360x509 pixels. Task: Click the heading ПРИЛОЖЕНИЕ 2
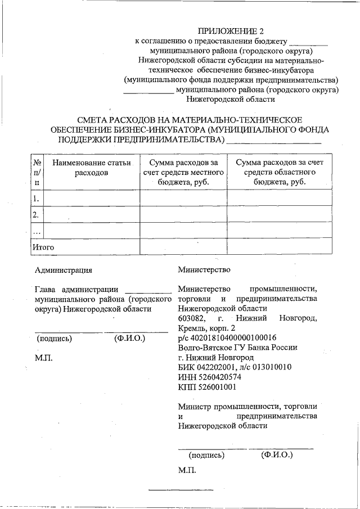coord(231,30)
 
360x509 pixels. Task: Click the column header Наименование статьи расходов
coord(91,168)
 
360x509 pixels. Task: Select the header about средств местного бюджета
coord(183,172)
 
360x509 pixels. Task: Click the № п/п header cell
coord(37,172)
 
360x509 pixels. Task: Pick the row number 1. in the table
coord(37,198)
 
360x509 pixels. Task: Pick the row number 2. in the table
coord(37,214)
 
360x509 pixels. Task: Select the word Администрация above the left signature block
coord(63,270)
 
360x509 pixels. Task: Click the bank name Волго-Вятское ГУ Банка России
coord(237,348)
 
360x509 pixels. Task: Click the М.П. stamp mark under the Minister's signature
coord(186,470)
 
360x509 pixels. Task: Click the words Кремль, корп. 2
coord(206,328)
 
